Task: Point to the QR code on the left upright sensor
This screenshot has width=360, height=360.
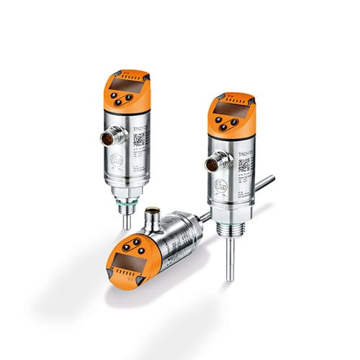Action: [x=139, y=139]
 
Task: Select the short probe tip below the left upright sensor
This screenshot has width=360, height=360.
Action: [x=127, y=220]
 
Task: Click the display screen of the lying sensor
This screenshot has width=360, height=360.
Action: [x=129, y=256]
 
